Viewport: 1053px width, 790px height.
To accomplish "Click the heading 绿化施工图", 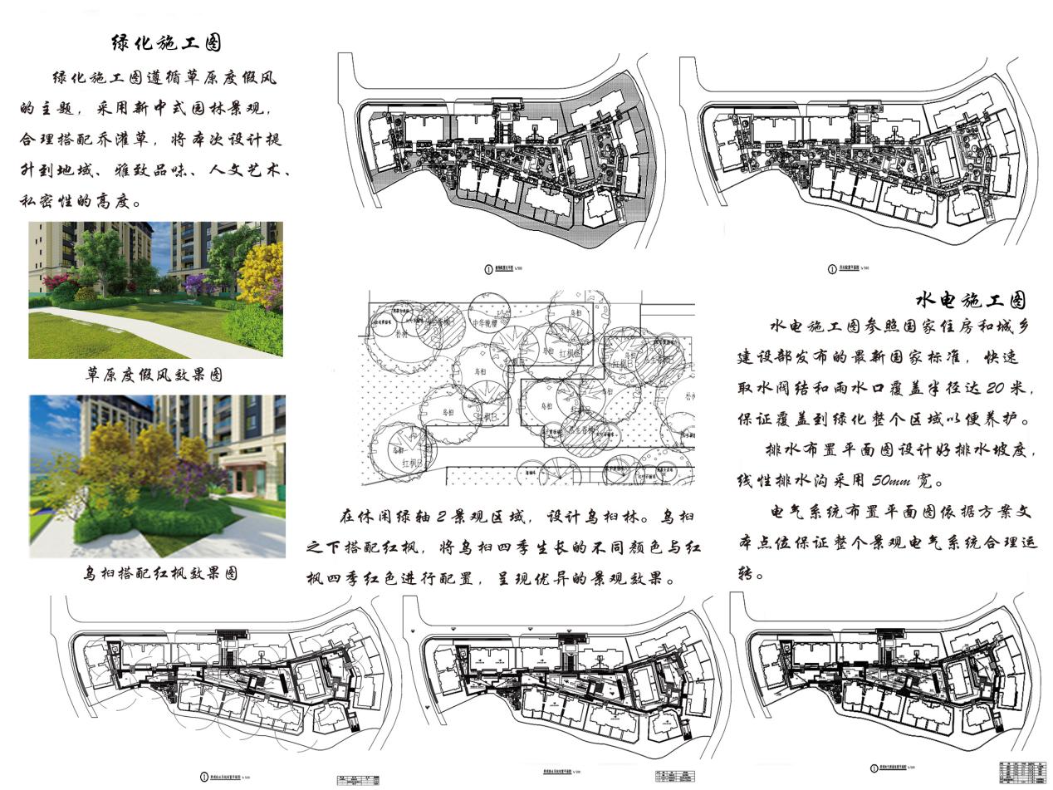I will click(166, 42).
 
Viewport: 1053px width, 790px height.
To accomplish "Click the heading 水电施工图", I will click(971, 300).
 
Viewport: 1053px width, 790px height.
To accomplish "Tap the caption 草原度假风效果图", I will click(154, 375).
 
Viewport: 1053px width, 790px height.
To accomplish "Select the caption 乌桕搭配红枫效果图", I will click(159, 572).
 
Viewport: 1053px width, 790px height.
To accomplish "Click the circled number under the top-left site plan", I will click(488, 268).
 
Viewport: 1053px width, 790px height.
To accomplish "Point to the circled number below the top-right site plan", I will click(831, 268).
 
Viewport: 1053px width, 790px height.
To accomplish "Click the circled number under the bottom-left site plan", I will click(203, 777).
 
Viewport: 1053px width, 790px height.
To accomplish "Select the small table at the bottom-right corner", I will click(1022, 770).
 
